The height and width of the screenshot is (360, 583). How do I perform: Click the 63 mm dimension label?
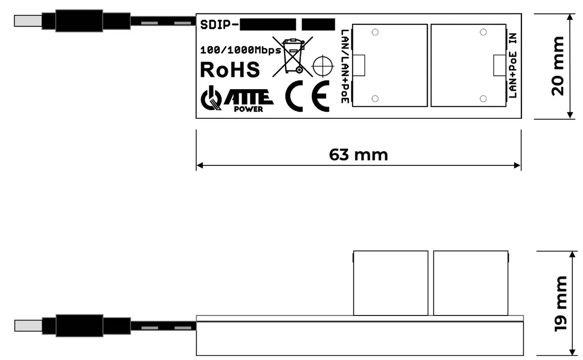point(358,155)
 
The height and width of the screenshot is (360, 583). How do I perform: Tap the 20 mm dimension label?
point(558,66)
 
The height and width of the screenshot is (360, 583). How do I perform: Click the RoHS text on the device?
point(229,70)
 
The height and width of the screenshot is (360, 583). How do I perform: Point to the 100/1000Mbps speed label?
point(241,51)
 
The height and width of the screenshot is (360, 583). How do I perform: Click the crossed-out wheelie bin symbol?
point(293,55)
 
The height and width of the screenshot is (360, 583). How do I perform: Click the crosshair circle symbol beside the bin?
point(322,66)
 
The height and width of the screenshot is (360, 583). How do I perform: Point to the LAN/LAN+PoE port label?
point(345,66)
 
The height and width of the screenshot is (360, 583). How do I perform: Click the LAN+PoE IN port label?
point(513,66)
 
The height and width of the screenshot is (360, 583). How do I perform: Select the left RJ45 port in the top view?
point(390,66)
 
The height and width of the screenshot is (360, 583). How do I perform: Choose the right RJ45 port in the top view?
point(468,66)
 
